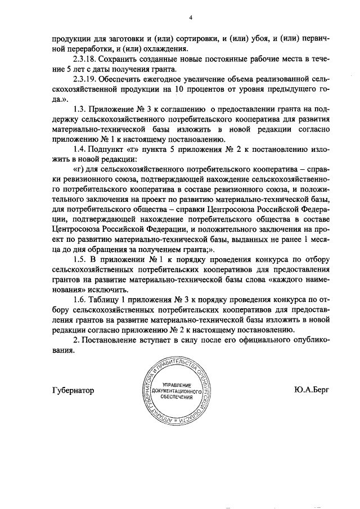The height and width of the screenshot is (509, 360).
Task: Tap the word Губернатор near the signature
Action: [x=73, y=390]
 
